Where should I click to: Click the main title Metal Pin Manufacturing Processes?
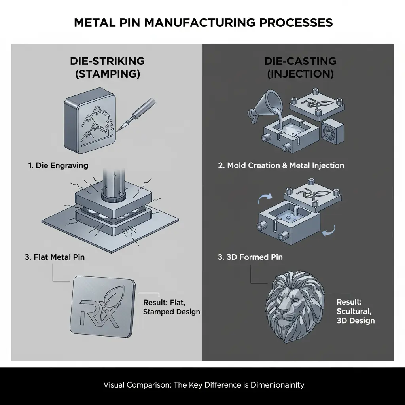(202, 23)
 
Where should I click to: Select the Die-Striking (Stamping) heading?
(107, 67)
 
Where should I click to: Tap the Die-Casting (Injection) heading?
(300, 67)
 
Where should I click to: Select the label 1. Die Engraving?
(58, 165)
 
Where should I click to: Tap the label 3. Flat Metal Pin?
(55, 257)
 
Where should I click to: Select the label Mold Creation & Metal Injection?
(281, 165)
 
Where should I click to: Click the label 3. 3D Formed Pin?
(250, 257)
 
